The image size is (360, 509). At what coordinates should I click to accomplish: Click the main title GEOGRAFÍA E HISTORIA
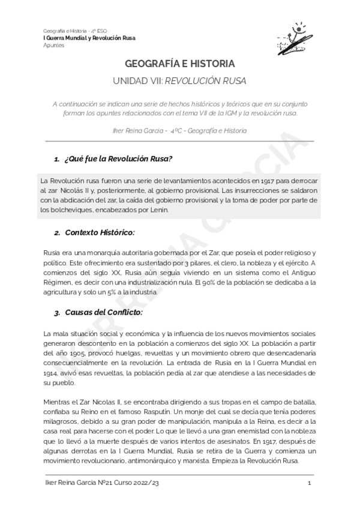(179, 63)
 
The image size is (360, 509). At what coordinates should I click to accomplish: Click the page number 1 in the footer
(308, 483)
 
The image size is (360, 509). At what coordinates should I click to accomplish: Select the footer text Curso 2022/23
(139, 483)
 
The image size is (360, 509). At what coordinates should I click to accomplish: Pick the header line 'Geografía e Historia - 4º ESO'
(74, 31)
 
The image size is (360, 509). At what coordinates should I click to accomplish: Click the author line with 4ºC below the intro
(179, 130)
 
